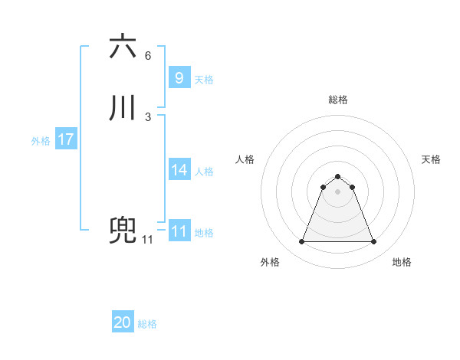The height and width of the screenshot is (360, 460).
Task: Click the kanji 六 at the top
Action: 123,47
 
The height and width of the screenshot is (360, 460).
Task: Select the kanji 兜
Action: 123,231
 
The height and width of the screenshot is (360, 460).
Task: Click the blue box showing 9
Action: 179,77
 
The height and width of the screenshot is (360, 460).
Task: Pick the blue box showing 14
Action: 179,170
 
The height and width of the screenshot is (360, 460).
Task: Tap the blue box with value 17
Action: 65,140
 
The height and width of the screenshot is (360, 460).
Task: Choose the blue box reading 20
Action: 123,322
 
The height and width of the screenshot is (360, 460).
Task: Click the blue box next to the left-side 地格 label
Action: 179,231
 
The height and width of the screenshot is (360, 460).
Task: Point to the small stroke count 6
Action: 148,56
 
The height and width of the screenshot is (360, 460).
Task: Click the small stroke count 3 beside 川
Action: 148,117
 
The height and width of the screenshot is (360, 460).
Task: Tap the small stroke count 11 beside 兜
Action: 148,240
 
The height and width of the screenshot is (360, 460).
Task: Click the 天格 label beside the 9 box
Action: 204,79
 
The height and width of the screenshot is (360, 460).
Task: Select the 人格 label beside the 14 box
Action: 204,172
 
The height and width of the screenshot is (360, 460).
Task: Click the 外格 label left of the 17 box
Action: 41,141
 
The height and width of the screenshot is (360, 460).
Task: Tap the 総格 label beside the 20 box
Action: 147,324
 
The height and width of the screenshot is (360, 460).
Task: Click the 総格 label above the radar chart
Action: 338,100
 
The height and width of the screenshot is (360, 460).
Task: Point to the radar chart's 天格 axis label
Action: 432,159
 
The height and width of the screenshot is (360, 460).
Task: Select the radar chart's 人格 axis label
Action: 245,159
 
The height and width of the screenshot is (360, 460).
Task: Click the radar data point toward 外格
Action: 301,242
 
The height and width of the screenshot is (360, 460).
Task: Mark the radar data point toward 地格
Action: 374,242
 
